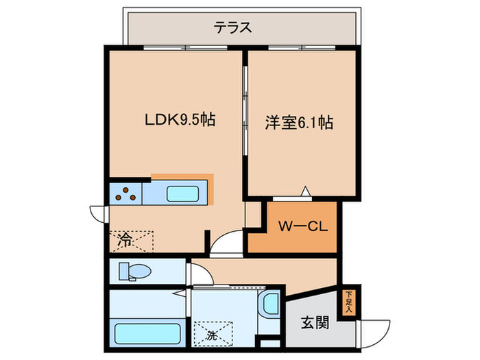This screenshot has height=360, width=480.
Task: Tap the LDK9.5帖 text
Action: click(180, 121)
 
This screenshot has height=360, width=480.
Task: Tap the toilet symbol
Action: click(134, 272)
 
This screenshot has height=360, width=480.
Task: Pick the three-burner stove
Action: click(125, 193)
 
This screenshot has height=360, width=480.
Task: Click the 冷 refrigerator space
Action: click(130, 240)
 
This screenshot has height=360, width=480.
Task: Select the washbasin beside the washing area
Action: click(269, 302)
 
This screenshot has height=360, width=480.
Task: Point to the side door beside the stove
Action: click(97, 213)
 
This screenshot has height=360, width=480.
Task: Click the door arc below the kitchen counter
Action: click(224, 244)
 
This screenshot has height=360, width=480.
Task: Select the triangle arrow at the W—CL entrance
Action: click(307, 191)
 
